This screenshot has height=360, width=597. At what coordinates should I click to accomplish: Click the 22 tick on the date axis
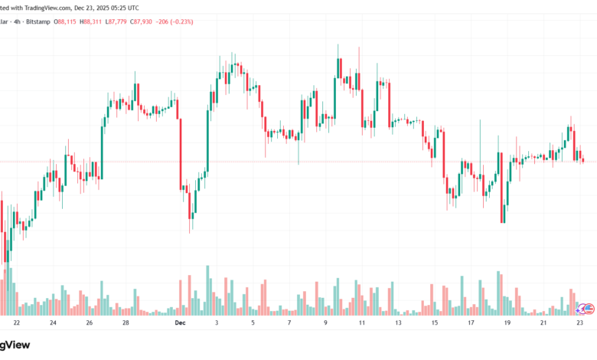click(x=16, y=323)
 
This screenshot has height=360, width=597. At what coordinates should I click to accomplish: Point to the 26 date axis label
click(x=90, y=323)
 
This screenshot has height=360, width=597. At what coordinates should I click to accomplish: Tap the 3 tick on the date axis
click(x=217, y=323)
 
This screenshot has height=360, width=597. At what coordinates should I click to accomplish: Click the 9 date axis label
click(x=325, y=323)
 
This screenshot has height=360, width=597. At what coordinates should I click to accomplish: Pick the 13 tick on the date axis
click(x=398, y=323)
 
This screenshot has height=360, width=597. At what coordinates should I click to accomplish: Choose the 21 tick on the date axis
click(x=544, y=323)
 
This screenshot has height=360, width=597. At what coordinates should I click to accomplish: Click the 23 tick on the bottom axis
click(x=579, y=323)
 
